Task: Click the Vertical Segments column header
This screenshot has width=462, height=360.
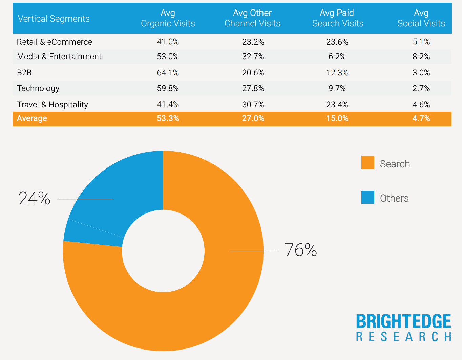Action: [x=54, y=19]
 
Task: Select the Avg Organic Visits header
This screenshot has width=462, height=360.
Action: [x=168, y=18]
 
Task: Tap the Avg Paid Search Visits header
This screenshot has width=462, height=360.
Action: [x=337, y=18]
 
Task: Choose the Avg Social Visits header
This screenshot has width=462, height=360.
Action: [x=421, y=18]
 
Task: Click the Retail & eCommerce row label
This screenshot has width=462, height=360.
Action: [x=55, y=42]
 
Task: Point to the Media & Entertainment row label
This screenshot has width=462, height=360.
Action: [x=59, y=57]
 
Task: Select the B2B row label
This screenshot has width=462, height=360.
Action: [x=24, y=73]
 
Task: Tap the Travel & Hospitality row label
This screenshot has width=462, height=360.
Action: [x=52, y=105]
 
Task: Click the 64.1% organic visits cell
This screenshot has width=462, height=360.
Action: [x=168, y=73]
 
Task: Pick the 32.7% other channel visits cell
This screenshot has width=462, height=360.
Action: [x=253, y=57]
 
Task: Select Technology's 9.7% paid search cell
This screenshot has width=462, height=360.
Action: [x=337, y=88]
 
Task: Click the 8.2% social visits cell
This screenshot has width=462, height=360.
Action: [x=421, y=57]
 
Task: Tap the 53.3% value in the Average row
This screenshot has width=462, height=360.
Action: [x=168, y=118]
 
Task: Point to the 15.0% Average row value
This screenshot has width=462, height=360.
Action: [x=337, y=118]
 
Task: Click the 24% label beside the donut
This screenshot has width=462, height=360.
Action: [x=35, y=198]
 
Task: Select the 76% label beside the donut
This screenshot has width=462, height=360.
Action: [x=301, y=250]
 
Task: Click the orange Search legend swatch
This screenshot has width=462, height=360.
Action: [x=367, y=163]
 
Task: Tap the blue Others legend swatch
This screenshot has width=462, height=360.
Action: [x=367, y=197]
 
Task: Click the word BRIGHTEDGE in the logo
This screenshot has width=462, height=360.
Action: [x=403, y=321]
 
